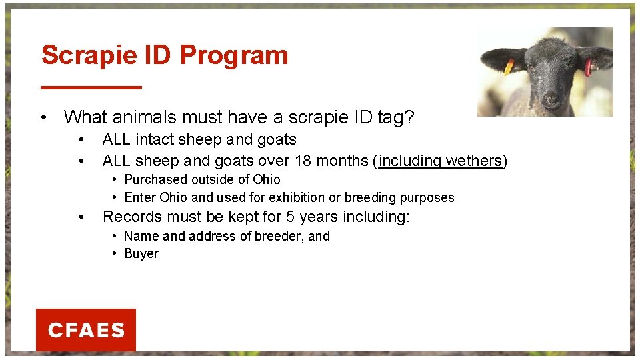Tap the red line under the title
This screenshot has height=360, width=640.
tap(91, 87)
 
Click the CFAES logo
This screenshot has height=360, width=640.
tap(86, 330)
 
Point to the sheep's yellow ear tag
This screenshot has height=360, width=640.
tap(509, 67)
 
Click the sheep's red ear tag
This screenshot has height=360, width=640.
tap(588, 67)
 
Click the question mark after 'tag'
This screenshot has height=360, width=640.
tap(409, 118)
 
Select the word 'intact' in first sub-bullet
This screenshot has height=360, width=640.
tap(155, 140)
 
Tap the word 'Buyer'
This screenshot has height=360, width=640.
tap(141, 253)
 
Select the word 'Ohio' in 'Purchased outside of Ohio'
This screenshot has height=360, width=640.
tap(266, 179)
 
